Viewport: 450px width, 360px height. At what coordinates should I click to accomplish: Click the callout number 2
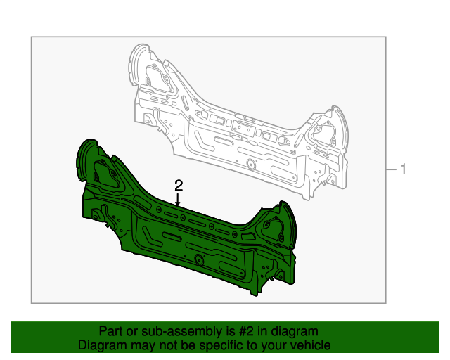179,186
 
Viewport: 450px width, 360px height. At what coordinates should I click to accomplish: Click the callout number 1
403,169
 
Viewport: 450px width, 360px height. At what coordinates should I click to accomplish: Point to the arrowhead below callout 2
178,203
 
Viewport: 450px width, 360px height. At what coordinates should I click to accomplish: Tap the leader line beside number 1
391,169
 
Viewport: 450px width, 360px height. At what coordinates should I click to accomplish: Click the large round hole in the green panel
198,260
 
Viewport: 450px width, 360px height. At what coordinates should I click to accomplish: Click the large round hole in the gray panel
251,165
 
